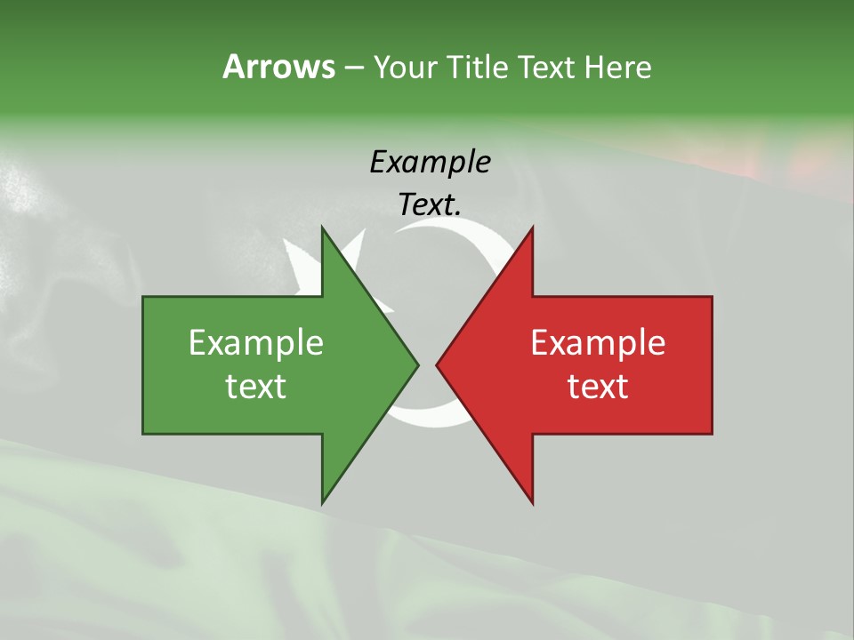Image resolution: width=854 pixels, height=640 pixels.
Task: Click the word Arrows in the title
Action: tap(278, 67)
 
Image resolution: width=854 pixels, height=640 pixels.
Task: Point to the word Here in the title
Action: tap(617, 67)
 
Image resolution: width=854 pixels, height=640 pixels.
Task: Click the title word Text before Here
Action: tap(548, 67)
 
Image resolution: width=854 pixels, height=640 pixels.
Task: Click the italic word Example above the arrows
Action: tap(430, 162)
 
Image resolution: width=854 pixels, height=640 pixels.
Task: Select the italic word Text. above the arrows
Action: tap(430, 204)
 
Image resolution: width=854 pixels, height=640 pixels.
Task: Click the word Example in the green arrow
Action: tap(256, 342)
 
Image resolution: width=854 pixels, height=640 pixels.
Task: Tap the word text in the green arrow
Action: tap(256, 386)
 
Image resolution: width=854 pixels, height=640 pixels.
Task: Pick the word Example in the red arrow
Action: tap(598, 342)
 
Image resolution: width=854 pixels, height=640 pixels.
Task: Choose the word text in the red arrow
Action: tap(598, 386)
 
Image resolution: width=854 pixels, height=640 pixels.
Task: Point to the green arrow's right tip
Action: tap(418, 364)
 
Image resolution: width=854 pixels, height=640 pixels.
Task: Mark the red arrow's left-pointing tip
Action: tap(437, 364)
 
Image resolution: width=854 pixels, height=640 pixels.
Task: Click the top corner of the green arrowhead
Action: tap(322, 227)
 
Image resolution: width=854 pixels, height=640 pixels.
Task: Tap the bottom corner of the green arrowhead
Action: tap(322, 503)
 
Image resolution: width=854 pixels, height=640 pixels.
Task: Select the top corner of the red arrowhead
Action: tap(532, 227)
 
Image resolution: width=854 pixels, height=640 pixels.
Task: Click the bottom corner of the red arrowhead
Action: tap(532, 503)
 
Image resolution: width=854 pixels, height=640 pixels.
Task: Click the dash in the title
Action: tap(353, 68)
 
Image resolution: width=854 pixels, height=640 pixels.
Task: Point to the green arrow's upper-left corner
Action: tap(143, 297)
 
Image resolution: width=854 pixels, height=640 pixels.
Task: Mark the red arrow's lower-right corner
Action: tap(712, 433)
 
